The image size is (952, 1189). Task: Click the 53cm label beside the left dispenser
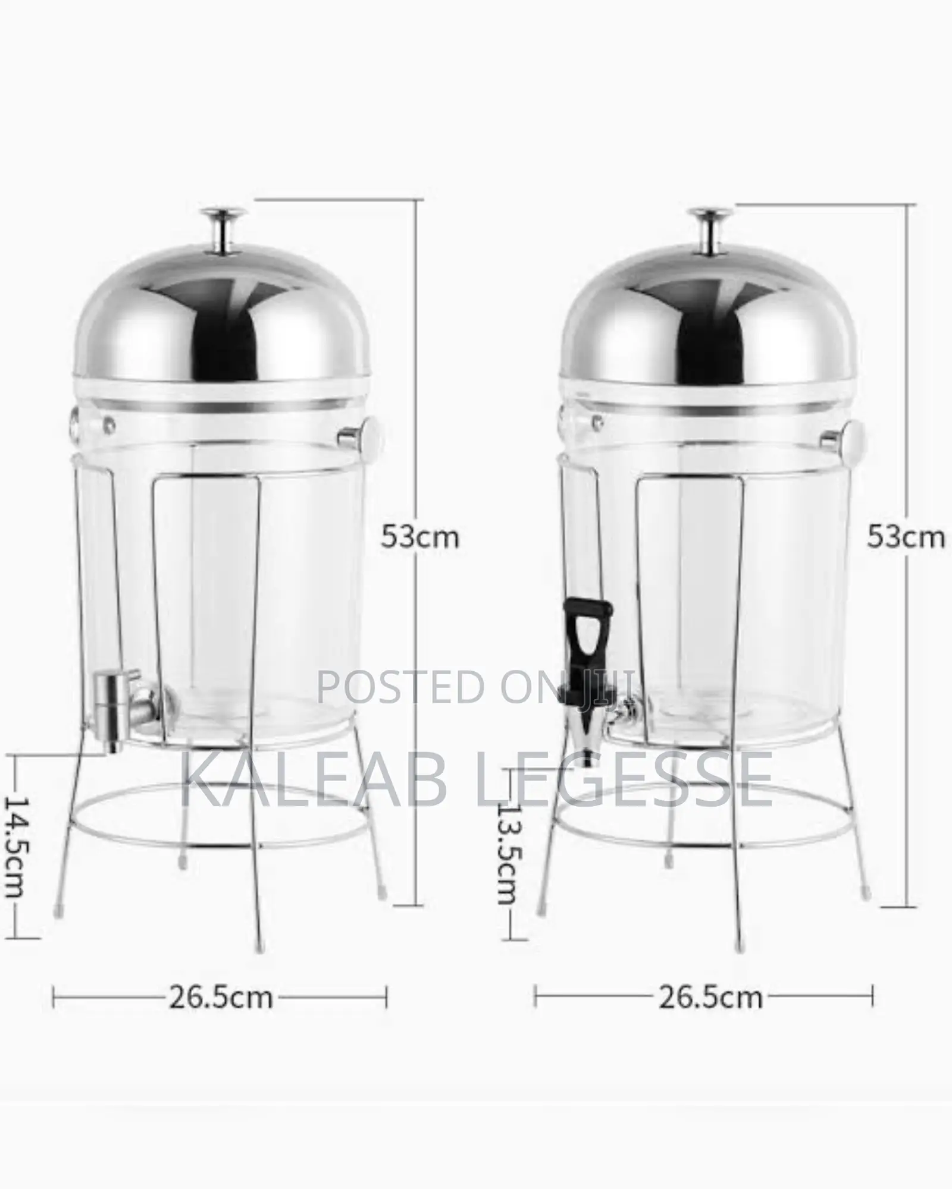pos(420,537)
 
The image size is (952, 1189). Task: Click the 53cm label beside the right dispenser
pos(905,537)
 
